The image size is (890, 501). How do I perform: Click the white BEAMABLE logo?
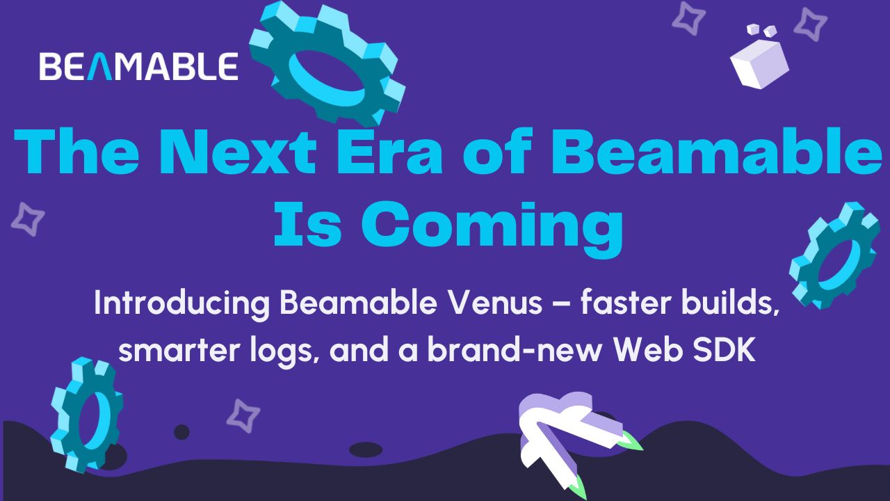138,67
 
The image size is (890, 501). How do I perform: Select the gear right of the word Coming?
834,255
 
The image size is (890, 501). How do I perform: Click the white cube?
759,60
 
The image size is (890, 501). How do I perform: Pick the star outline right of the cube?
810,24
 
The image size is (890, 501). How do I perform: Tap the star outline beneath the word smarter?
243,415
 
